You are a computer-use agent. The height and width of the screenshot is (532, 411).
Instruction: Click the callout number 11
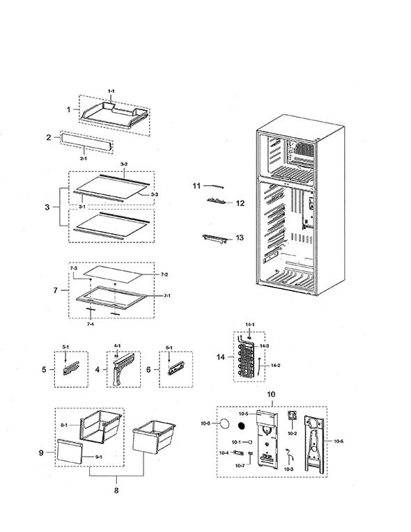196,186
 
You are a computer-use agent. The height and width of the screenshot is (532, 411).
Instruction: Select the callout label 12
240,203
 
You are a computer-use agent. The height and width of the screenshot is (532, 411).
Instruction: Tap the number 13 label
240,237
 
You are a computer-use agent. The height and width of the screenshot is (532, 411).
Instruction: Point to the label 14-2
275,366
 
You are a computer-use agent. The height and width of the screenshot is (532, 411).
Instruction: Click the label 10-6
339,441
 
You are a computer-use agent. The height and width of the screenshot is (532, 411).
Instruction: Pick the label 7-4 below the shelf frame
91,324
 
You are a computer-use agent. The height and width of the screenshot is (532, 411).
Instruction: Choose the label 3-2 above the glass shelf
124,164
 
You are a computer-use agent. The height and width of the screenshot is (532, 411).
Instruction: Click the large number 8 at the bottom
116,490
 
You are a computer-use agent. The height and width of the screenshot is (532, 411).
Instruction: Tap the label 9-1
98,457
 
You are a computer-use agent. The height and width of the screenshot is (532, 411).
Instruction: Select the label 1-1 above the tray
111,91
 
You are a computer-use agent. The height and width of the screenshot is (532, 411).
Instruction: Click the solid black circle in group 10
241,425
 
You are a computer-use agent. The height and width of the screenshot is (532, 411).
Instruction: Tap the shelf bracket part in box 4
123,369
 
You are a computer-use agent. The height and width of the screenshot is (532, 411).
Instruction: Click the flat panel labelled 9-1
70,451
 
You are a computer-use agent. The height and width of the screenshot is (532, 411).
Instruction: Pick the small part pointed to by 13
215,238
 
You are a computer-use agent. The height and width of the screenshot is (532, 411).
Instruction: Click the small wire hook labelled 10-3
290,455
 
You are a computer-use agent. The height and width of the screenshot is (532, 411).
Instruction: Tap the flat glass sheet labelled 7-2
112,274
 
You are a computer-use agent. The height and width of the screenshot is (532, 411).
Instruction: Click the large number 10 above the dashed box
271,394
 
